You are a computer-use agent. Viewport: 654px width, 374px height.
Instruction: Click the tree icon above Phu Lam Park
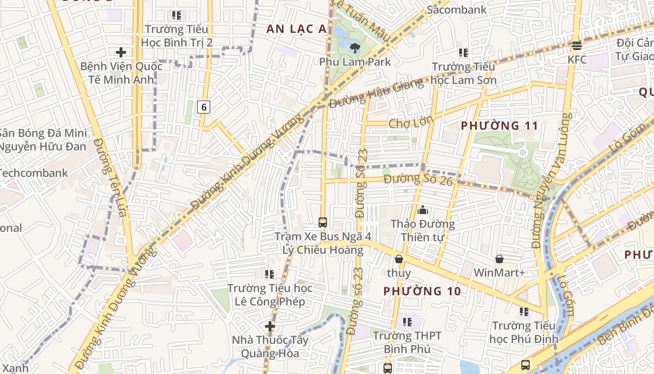coord(355,47)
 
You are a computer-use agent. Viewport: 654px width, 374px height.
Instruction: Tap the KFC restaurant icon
coord(577,46)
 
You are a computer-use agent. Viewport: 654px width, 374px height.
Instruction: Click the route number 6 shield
coord(204,107)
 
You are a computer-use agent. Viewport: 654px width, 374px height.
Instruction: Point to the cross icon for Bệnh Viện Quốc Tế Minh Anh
coord(121,52)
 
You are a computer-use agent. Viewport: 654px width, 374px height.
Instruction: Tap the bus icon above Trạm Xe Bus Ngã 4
coord(322,222)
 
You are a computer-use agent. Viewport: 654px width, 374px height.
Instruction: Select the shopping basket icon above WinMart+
coord(499,259)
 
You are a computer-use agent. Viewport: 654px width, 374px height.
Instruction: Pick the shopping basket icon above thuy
coord(399,259)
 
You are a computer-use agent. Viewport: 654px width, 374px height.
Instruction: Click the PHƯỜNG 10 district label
coord(422,291)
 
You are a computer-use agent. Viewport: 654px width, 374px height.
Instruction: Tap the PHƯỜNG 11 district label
coord(499,126)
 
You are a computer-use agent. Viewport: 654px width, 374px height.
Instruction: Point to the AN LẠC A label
coord(296,29)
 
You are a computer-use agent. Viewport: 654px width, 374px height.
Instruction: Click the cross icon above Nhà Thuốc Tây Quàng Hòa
coord(270,326)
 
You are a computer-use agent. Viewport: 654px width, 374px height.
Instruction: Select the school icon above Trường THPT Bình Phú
coord(407,322)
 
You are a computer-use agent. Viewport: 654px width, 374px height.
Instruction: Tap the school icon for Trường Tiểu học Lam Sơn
coord(463,53)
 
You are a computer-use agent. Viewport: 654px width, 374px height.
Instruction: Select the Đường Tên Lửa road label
coord(110,178)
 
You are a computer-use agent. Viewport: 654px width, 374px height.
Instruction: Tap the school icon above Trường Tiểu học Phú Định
coord(524,311)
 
